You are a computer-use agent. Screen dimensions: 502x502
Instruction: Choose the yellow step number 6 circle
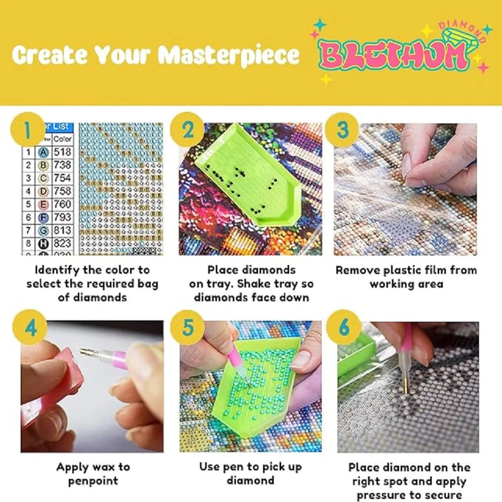pyautogui.click(x=343, y=328)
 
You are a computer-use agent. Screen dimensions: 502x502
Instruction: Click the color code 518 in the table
pyautogui.click(x=62, y=152)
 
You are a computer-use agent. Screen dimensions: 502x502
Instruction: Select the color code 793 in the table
pyautogui.click(x=62, y=217)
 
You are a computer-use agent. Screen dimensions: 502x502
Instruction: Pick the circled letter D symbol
pyautogui.click(x=44, y=191)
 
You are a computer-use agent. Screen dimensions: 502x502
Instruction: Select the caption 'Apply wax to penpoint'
pyautogui.click(x=92, y=473)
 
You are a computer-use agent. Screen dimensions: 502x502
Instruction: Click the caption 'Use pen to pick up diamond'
pyautogui.click(x=250, y=473)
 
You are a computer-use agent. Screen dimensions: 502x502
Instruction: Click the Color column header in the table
pyautogui.click(x=63, y=139)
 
